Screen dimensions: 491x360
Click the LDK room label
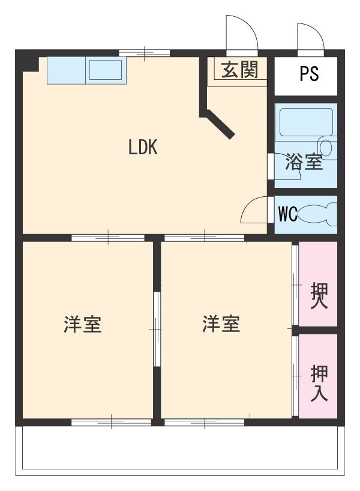(143, 148)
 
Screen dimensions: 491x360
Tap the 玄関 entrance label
(239, 70)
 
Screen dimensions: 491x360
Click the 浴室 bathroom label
(304, 161)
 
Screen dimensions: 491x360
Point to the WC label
(287, 214)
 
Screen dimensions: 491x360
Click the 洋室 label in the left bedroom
(83, 325)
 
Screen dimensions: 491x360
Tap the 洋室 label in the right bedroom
(221, 325)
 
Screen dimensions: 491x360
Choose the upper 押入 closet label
(319, 295)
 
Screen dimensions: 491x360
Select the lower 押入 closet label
(319, 384)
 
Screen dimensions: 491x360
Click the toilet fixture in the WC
(317, 214)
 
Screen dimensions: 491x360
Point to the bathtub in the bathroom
(306, 123)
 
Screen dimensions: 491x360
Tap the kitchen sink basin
(106, 71)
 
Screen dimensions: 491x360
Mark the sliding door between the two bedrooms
(157, 329)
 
